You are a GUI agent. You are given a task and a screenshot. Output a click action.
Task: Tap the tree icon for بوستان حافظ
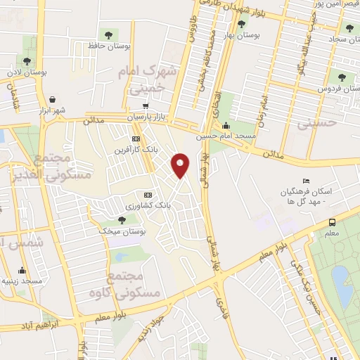[x=108, y=34]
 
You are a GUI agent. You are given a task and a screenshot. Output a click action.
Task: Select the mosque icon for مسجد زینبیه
[x=22, y=271]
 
